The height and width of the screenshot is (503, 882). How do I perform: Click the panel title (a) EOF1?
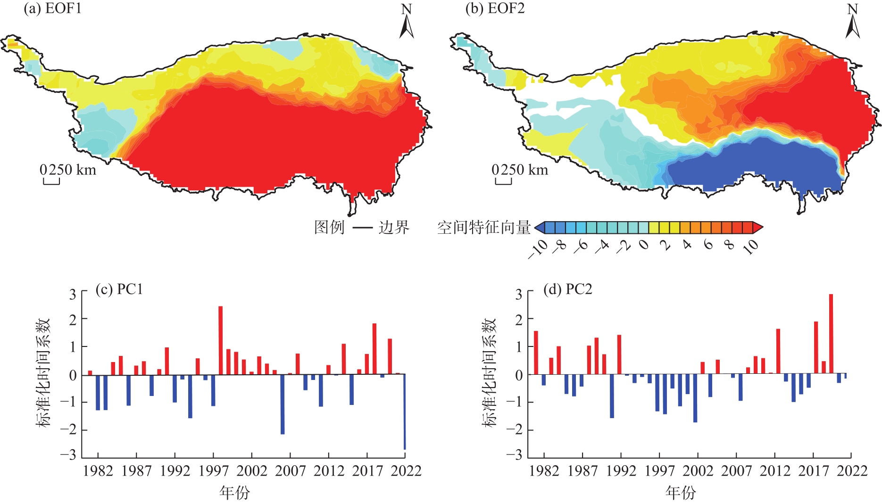53,9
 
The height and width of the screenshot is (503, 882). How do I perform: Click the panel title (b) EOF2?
495,9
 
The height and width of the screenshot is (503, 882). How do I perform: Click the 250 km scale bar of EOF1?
51,181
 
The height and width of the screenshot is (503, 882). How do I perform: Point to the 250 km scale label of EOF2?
520,170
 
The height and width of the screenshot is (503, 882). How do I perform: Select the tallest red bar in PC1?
220,340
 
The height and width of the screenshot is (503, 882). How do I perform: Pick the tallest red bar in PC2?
831,334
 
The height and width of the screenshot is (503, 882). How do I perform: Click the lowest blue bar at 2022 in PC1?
404,412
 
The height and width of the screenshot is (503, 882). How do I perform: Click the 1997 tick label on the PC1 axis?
213,471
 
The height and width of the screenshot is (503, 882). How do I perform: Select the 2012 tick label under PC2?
775,471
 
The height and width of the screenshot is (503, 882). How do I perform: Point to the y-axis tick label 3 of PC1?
72,295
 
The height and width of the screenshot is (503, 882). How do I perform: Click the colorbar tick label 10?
751,247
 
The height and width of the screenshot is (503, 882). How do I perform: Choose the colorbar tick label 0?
644,245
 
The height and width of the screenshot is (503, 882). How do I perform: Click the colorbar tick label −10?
538,249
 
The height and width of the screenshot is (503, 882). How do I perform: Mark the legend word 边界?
394,228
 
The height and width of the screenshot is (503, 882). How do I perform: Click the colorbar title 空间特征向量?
484,228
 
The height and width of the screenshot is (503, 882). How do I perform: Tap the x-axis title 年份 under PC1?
234,493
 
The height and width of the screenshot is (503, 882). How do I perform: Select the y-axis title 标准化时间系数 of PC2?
490,372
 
